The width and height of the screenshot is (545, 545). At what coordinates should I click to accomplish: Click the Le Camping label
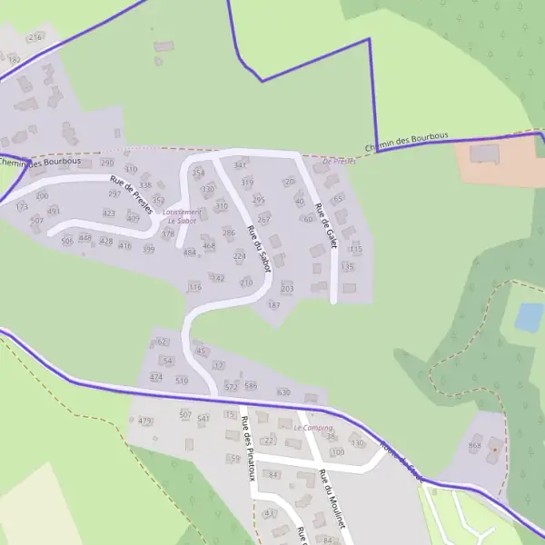click(313, 427)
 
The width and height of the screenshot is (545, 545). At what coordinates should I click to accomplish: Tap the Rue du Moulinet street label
click(332, 499)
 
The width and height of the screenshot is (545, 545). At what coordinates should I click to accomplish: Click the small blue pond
click(530, 316)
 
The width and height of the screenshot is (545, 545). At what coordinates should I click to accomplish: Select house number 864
click(474, 446)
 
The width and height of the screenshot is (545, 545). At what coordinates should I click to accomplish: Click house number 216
click(35, 37)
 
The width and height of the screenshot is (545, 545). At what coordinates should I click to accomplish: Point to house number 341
click(240, 165)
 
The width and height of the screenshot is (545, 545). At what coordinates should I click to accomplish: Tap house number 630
click(283, 391)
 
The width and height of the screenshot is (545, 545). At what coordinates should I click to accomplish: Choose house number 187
click(274, 305)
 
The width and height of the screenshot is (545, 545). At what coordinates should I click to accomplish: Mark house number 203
click(288, 289)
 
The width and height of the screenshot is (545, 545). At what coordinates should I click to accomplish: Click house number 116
click(194, 286)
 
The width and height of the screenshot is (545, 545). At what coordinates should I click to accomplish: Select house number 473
click(145, 421)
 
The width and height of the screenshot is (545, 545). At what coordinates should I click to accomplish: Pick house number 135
click(347, 267)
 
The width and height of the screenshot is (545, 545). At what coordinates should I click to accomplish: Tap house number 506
click(67, 241)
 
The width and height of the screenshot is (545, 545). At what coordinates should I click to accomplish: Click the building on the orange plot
click(485, 153)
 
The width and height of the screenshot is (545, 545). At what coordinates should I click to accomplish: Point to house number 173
click(22, 207)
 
